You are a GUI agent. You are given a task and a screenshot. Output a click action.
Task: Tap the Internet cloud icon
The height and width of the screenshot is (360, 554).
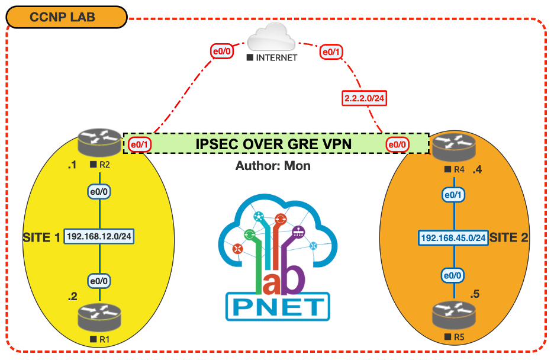[273, 40]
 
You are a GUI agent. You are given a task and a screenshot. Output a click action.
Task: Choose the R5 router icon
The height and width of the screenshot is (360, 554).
[453, 316]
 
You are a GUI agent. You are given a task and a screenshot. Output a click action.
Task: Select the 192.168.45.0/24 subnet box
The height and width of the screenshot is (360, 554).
[453, 237]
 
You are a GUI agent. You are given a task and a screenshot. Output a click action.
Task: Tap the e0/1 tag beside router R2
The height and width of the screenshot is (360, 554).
[138, 144]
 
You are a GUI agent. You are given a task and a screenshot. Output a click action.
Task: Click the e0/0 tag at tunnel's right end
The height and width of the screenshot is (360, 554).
[397, 144]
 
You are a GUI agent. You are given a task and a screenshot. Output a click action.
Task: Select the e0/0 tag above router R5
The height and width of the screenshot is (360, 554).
[453, 276]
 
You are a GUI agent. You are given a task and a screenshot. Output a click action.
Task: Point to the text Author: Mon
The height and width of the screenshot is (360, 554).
[273, 166]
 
